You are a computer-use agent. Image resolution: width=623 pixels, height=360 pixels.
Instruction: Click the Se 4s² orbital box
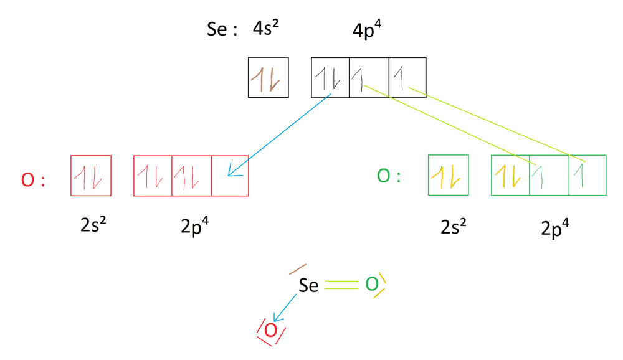click(269, 77)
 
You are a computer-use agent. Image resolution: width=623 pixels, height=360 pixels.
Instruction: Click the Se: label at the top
click(222, 30)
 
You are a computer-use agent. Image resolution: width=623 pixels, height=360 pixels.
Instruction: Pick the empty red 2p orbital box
click(230, 176)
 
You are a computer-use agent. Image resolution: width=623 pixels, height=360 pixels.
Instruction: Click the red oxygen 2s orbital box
click(91, 176)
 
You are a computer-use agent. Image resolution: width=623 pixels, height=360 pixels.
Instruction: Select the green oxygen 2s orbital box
click(449, 176)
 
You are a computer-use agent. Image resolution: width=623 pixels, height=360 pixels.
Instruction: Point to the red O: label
click(32, 179)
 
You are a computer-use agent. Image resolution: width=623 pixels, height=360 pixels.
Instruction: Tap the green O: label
click(389, 176)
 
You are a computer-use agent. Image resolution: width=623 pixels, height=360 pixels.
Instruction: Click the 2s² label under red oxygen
click(96, 227)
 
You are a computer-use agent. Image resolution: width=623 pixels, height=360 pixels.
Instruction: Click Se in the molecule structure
click(308, 286)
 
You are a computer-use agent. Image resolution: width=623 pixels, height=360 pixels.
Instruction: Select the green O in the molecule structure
click(372, 285)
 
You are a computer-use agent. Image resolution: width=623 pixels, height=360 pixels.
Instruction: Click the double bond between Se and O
click(341, 285)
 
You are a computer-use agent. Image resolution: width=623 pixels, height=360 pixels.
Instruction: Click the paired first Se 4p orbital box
click(330, 77)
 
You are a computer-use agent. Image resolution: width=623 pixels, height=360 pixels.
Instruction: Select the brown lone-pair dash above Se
click(297, 270)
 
